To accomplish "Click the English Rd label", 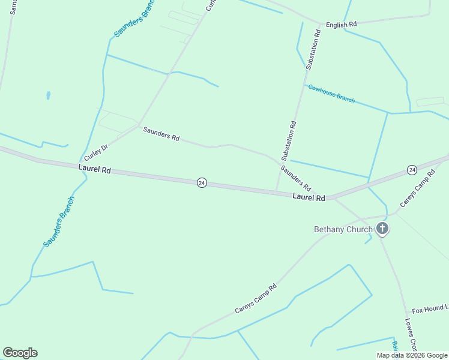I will [341, 25].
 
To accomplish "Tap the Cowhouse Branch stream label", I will [331, 94].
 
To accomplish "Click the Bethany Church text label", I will [343, 229].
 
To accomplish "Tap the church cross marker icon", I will [382, 229].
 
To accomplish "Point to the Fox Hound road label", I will [429, 309].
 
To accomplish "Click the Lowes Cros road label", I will [411, 334].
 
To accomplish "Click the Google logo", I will [20, 353].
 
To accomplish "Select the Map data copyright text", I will [412, 355].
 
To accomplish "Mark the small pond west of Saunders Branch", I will [47, 95].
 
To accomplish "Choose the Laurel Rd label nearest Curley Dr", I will [94, 170].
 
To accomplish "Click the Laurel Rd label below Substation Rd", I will [309, 197].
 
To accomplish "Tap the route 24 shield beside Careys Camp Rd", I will [411, 170].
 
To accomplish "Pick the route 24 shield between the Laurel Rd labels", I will [202, 182].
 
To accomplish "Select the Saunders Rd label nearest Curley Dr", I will [161, 134].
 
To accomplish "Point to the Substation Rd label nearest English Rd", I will [313, 50].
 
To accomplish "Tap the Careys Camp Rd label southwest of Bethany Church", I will [256, 298].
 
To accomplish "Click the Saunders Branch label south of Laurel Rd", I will [58, 221].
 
